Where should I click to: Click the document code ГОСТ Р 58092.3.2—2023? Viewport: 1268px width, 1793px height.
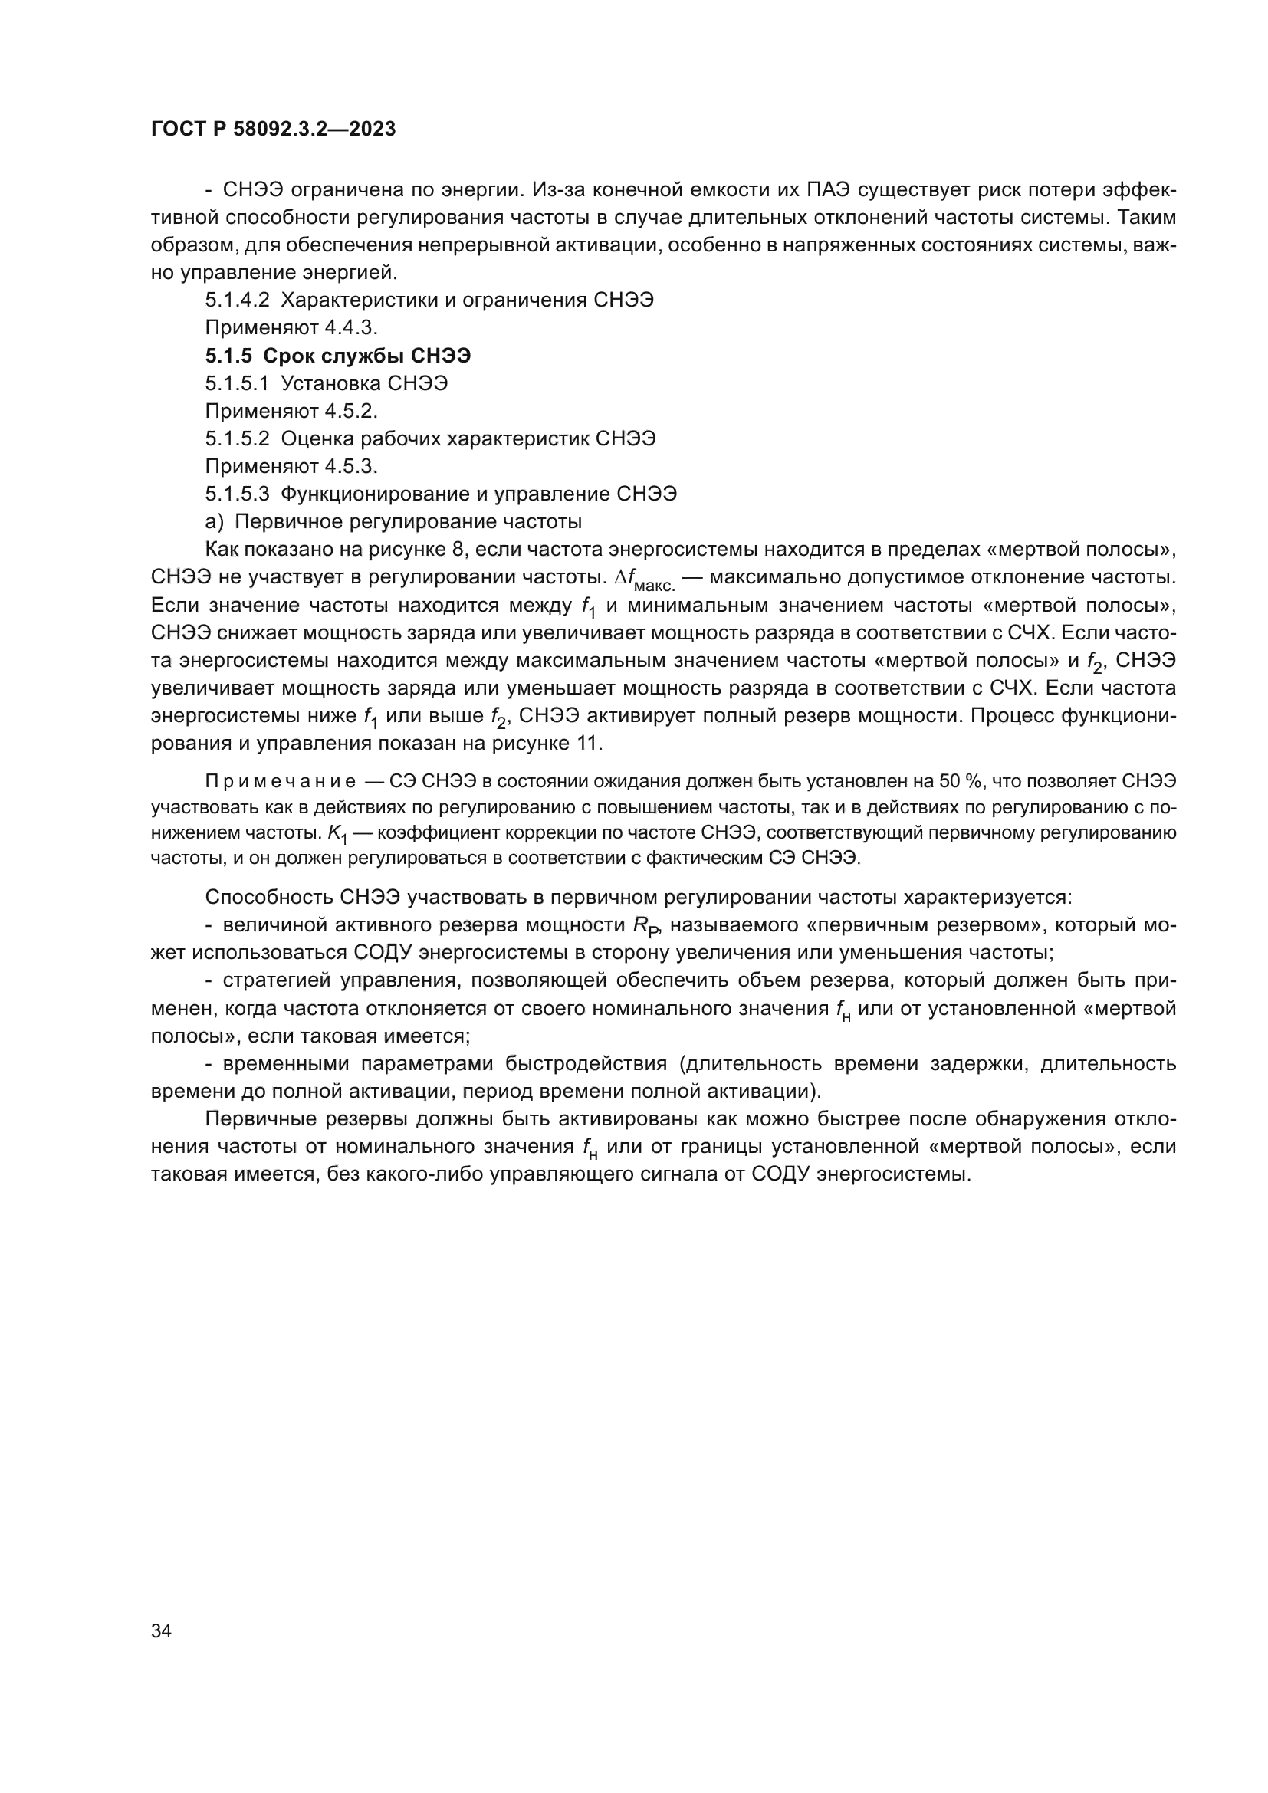273,130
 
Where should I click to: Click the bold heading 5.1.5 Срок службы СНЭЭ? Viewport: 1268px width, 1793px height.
338,356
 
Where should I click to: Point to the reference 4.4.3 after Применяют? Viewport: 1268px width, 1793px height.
350,328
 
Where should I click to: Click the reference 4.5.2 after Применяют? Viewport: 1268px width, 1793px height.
350,412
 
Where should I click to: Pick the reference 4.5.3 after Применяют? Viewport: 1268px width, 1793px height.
350,467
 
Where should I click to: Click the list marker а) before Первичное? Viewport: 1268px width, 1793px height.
214,522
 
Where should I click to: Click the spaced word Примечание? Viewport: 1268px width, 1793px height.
281,782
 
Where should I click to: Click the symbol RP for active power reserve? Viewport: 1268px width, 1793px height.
645,927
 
